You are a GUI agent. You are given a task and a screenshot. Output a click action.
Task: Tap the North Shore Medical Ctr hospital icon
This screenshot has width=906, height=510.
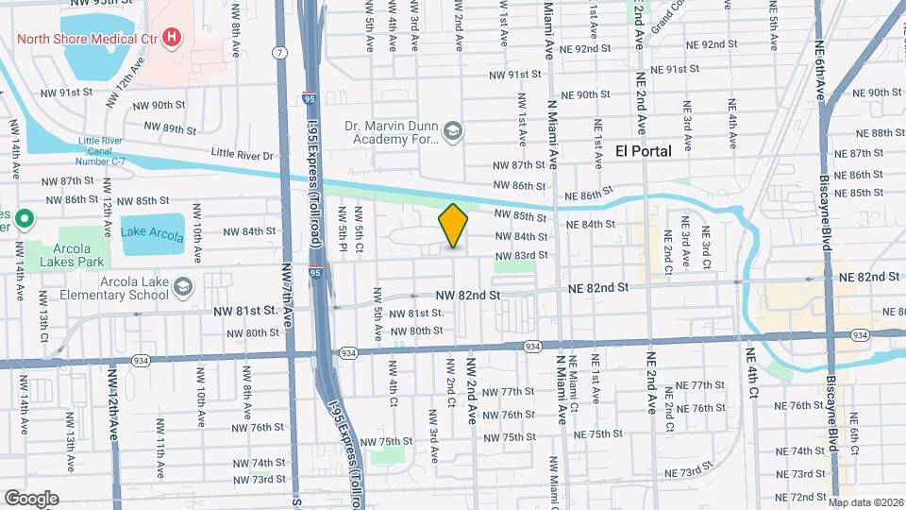click(172, 38)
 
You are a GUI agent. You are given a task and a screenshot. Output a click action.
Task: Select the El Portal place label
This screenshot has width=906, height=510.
click(644, 150)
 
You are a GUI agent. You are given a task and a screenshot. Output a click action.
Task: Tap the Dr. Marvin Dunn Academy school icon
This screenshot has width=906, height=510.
click(453, 130)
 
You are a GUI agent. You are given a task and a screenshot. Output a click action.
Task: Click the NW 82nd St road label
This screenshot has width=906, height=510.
click(466, 296)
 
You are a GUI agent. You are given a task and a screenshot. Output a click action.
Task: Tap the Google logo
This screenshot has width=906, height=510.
click(31, 498)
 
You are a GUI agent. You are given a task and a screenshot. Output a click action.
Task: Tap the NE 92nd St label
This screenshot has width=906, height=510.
click(712, 44)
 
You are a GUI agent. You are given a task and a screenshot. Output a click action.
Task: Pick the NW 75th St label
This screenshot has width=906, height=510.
click(519, 437)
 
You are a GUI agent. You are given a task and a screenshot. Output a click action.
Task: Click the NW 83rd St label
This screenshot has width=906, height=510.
click(521, 255)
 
